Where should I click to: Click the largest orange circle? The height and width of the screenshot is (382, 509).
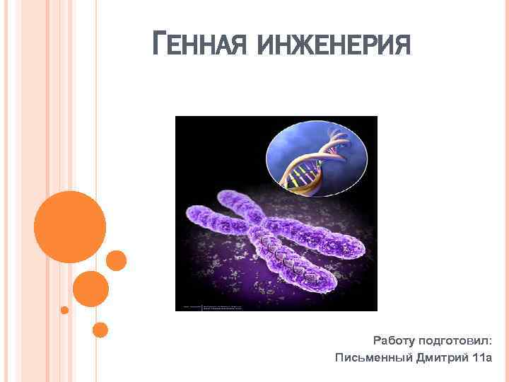tap(70, 227)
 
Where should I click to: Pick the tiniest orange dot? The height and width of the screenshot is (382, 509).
tap(64, 310)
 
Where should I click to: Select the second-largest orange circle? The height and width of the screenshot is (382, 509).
tap(90, 288)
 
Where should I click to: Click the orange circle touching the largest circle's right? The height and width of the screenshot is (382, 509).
tap(117, 260)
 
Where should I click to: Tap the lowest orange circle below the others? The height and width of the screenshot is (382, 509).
tap(100, 329)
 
